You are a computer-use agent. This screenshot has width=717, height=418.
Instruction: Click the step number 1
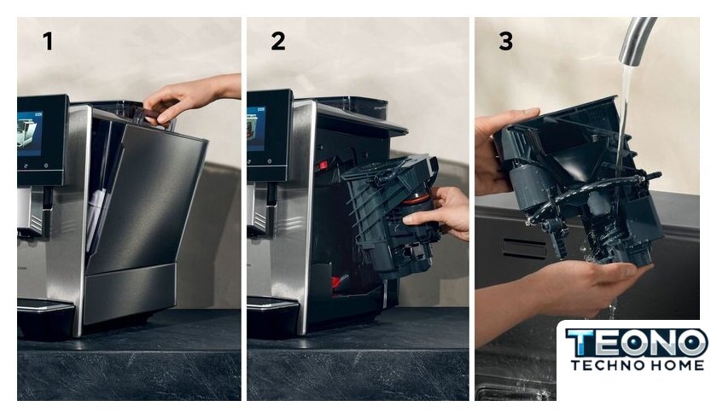coord(48,41)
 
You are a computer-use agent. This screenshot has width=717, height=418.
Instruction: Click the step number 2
coord(278,41)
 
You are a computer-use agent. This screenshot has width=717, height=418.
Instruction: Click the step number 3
coord(505,41)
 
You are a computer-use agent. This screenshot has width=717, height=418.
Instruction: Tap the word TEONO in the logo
coord(637,343)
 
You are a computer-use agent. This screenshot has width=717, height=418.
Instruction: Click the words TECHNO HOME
coord(638,365)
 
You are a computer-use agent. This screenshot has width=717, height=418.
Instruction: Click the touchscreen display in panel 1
coord(30,133)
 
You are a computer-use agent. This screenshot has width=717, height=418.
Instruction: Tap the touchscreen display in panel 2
coord(256,129)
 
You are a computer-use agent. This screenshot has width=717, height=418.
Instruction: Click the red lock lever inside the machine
coord(324,165)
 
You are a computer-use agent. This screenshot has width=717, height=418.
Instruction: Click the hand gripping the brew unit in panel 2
coord(439,213)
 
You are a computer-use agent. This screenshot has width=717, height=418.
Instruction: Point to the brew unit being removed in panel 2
coord(391,215)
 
